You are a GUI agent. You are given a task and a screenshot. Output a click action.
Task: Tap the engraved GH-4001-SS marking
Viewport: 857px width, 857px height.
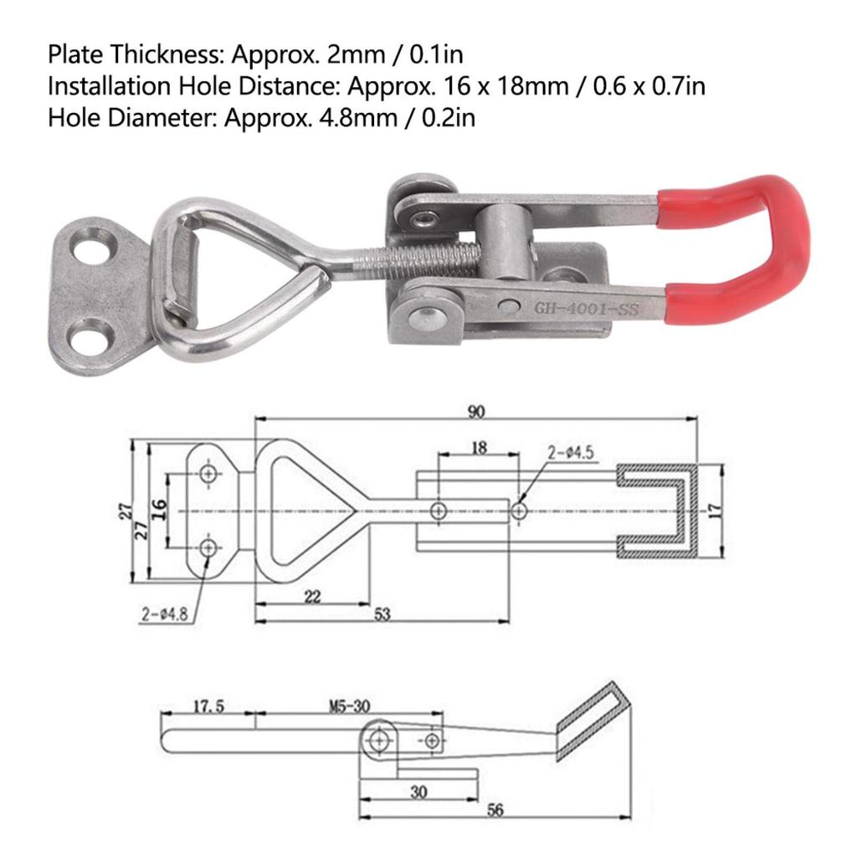point(587,310)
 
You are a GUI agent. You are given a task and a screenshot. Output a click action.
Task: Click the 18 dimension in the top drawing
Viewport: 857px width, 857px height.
point(479,448)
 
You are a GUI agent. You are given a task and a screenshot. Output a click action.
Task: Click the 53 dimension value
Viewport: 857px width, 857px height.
point(382,615)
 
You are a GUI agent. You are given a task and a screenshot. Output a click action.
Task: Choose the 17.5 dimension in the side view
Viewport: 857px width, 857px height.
point(208,706)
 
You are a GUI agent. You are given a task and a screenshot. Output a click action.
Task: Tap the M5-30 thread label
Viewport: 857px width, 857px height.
point(348,706)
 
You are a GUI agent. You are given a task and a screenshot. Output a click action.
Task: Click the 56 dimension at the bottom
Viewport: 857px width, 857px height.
point(495,811)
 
